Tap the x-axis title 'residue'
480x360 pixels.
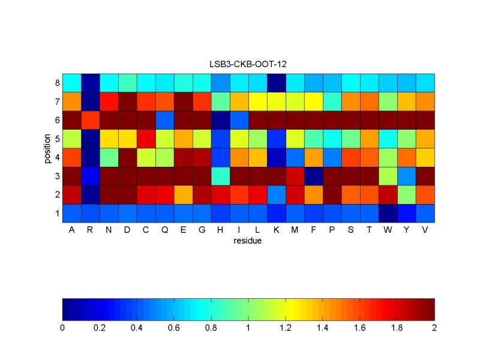(x=248, y=242)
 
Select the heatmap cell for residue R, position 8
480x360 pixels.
(x=90, y=82)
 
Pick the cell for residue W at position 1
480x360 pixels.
(x=388, y=213)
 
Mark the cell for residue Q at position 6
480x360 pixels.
(x=164, y=119)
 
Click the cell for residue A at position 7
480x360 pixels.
(x=71, y=101)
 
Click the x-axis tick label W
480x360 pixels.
(x=388, y=230)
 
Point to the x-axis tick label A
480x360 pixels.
(x=71, y=230)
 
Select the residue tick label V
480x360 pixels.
(x=425, y=230)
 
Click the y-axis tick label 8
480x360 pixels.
(x=56, y=82)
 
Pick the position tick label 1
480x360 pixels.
(x=56, y=213)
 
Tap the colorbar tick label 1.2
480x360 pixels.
(x=286, y=328)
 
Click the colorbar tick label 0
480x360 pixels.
(x=62, y=328)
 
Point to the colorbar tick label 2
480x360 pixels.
(x=434, y=328)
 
